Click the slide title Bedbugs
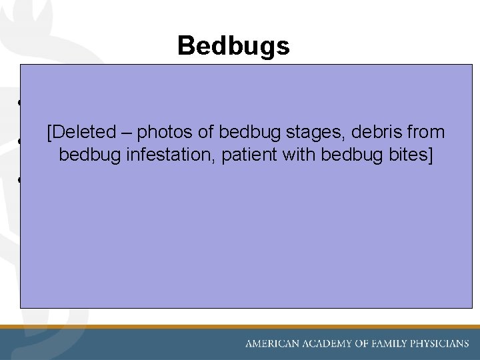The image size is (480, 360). (x=233, y=46)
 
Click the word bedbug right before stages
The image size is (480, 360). (x=239, y=133)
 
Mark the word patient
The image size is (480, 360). (x=248, y=155)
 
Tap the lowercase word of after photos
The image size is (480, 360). (x=199, y=133)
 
